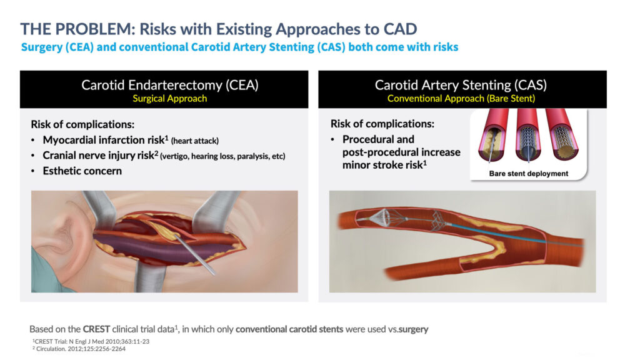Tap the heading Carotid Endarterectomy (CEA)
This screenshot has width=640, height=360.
170,85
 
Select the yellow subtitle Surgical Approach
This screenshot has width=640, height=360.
170,98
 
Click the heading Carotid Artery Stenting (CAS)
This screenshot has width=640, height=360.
461,85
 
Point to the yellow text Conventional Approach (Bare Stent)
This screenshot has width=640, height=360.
461,98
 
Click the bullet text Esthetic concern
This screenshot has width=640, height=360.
82,171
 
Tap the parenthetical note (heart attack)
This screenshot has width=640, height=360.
195,141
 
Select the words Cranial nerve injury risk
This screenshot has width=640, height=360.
98,156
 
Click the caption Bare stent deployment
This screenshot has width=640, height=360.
529,174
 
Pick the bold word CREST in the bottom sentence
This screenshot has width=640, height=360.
96,329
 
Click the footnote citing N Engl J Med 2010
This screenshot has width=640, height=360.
91,341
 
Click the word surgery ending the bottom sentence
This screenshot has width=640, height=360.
414,329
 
